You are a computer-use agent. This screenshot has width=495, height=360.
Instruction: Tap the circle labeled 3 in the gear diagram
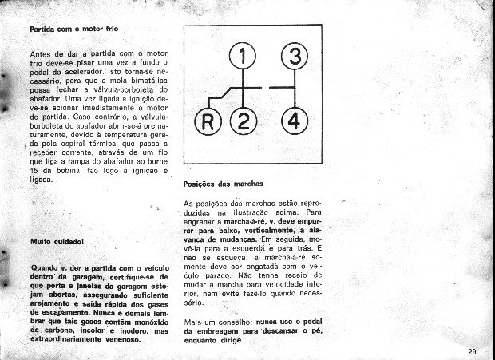point(295,57)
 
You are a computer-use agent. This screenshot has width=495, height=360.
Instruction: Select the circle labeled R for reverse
point(208,122)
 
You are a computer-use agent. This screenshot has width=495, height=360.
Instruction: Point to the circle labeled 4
point(295,122)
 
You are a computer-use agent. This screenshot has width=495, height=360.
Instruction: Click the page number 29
point(472,351)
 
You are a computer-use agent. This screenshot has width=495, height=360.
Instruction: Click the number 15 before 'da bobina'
point(34,172)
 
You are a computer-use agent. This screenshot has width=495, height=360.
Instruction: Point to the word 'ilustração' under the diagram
point(255,213)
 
